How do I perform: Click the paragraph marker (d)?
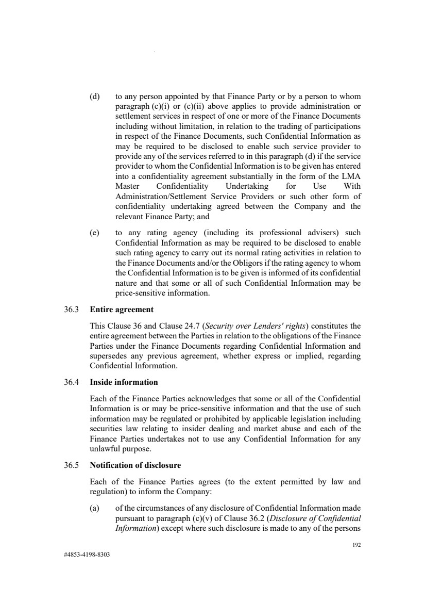pyautogui.click(x=95, y=96)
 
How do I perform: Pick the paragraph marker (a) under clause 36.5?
pyautogui.click(x=95, y=510)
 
